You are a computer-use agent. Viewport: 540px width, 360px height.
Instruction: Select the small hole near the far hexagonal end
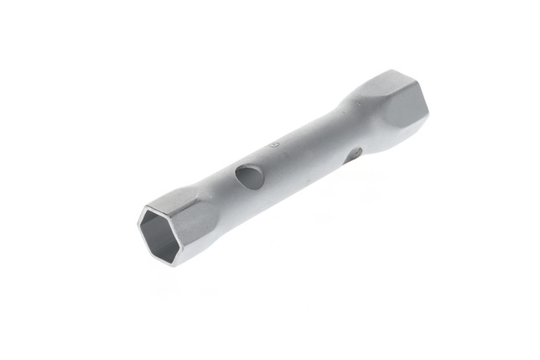(x=356, y=154)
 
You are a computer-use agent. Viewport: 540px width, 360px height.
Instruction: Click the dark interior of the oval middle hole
(x=246, y=176)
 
